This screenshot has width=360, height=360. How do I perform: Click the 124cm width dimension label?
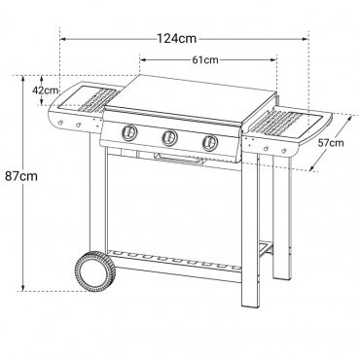coord(181,38)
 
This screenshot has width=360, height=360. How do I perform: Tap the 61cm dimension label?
coord(203,60)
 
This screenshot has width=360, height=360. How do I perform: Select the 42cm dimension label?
coord(44,90)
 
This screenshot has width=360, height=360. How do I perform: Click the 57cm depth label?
coord(330,142)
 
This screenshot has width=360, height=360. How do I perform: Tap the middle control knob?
coord(169,140)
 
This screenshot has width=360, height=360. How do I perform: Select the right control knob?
coord(209,143)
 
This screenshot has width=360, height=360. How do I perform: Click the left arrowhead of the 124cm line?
coord(64,39)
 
